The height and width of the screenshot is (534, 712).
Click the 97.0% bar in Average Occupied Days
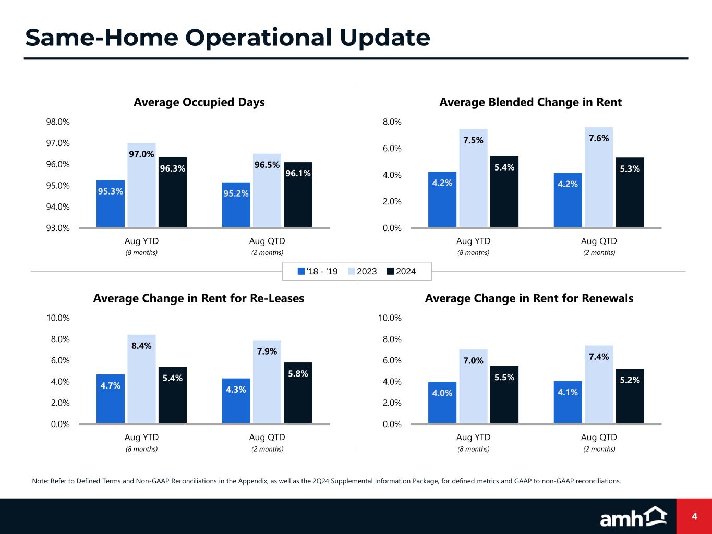(141, 185)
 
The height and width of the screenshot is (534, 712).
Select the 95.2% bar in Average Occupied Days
(236, 204)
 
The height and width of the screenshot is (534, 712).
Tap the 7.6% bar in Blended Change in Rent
(599, 177)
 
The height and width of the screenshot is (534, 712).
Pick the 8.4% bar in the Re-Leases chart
(141, 379)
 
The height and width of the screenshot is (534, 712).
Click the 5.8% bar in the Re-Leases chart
(298, 393)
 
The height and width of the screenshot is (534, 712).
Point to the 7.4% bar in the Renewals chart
(599, 384)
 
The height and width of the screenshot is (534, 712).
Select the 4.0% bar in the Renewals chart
(442, 403)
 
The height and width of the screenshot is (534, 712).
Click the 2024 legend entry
(401, 271)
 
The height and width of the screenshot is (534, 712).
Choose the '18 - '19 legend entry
(318, 271)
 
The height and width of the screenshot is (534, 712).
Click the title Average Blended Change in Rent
(530, 102)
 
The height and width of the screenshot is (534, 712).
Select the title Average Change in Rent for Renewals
(529, 298)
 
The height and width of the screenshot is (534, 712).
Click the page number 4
(694, 516)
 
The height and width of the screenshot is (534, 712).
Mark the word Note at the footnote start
(40, 481)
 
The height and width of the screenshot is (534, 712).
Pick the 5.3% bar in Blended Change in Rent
(630, 192)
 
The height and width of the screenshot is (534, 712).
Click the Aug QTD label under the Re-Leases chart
(267, 437)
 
